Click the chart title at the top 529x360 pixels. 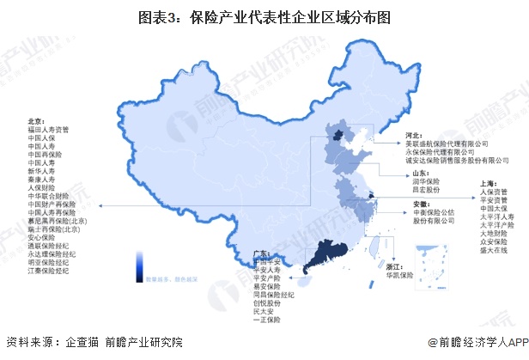click(264, 15)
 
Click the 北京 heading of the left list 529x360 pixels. click(37, 120)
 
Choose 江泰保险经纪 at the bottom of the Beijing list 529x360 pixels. click(47, 271)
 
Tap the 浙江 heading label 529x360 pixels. click(396, 266)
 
